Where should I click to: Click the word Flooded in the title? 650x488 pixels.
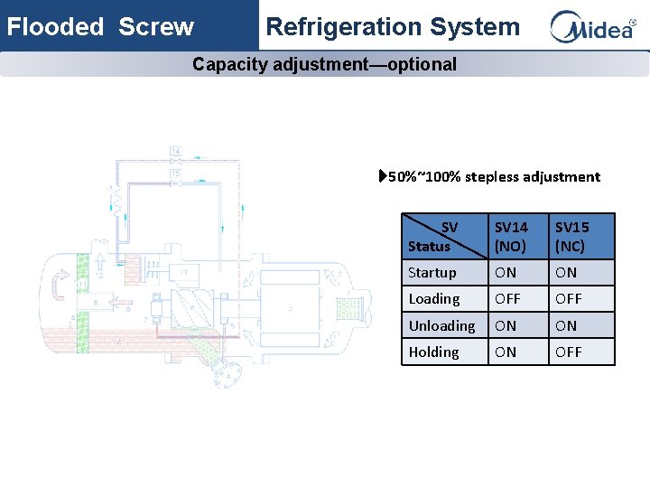tap(55, 27)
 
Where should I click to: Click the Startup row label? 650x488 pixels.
tap(432, 273)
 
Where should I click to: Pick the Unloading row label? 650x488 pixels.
tap(441, 325)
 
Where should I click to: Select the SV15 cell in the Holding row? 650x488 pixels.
tap(569, 352)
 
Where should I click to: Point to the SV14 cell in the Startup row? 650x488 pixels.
tap(506, 273)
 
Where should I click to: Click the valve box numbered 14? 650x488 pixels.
tap(175, 151)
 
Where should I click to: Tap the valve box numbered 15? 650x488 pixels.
tap(175, 173)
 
